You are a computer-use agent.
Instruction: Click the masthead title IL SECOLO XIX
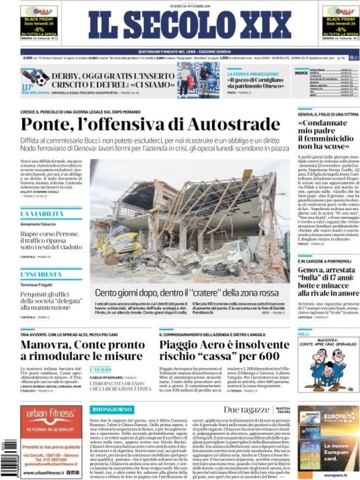[180, 26]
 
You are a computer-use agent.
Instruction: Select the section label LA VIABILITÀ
[42, 214]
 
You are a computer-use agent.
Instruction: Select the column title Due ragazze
[246, 409]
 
